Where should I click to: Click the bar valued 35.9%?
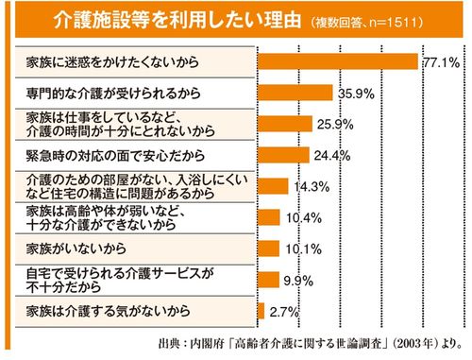[x=295, y=93]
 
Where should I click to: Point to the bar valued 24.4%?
[x=280, y=155]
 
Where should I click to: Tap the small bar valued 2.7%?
[x=261, y=310]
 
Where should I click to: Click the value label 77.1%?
[x=441, y=61]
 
